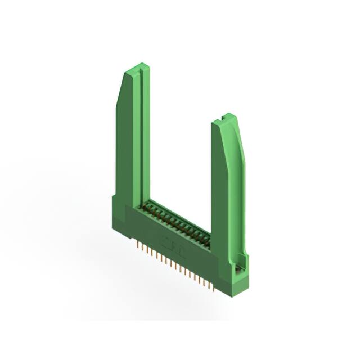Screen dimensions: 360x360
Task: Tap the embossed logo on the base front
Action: pos(169,244)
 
